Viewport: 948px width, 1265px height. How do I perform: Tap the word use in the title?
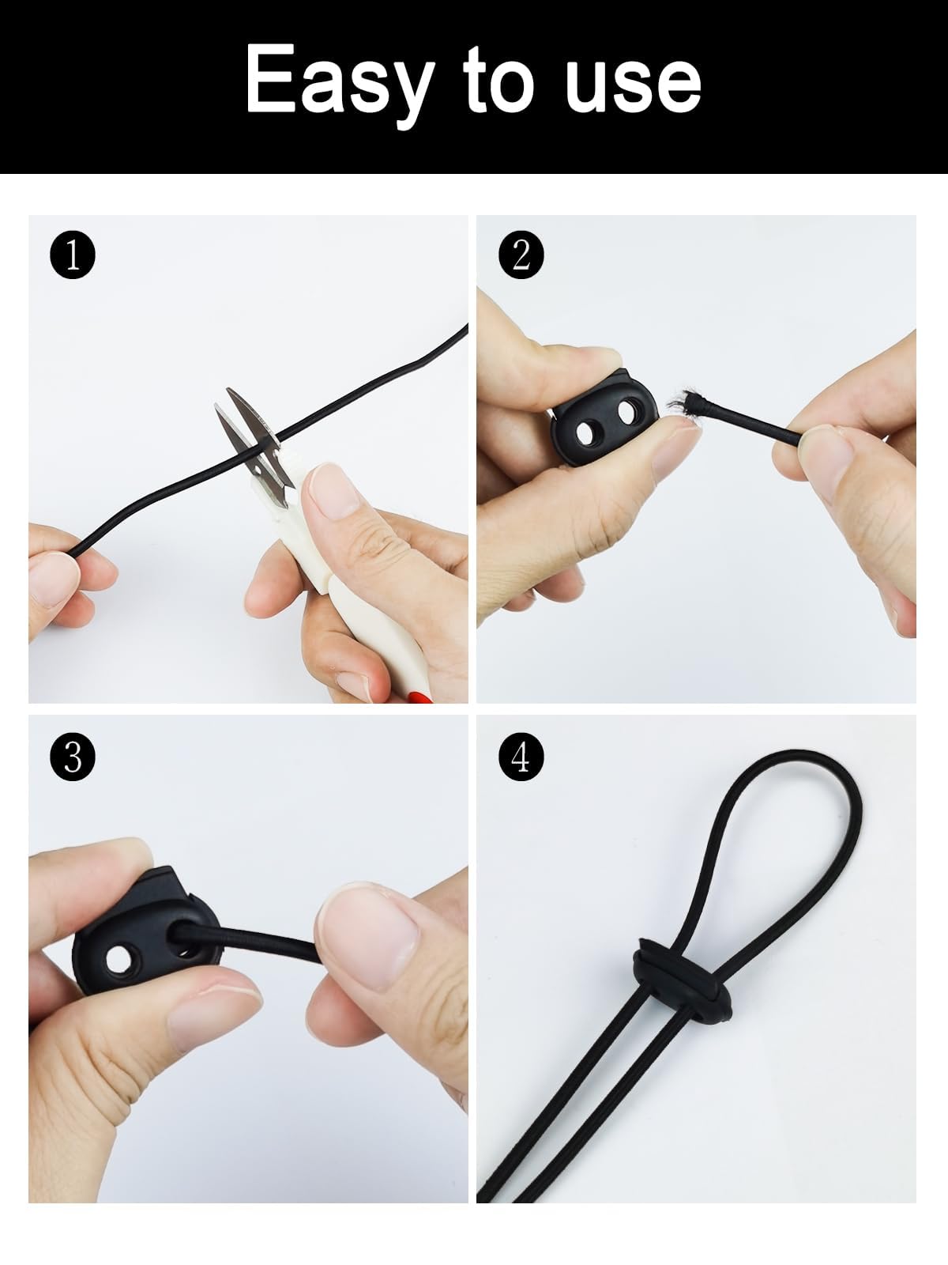click(633, 86)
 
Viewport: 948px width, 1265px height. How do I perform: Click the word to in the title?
click(499, 81)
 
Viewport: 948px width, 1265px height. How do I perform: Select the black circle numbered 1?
click(73, 255)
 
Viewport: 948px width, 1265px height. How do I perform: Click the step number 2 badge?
click(521, 255)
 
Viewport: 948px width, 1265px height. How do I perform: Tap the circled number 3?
click(73, 757)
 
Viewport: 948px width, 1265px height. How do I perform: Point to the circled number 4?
click(521, 757)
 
